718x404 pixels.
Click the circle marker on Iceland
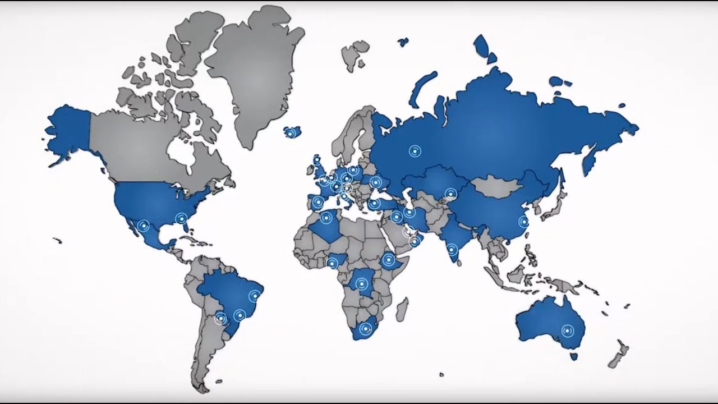coord(290,133)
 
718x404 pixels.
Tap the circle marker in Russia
coord(414,150)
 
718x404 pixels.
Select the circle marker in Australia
coord(568,330)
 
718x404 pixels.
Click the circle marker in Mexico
coord(144,226)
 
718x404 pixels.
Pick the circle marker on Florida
coord(181,218)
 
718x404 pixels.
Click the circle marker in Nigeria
coord(333,263)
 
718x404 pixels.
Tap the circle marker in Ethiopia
coord(388,260)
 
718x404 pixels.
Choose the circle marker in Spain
coord(318,202)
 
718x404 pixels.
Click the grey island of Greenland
coord(252,73)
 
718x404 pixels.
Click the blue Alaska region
coord(67,132)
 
